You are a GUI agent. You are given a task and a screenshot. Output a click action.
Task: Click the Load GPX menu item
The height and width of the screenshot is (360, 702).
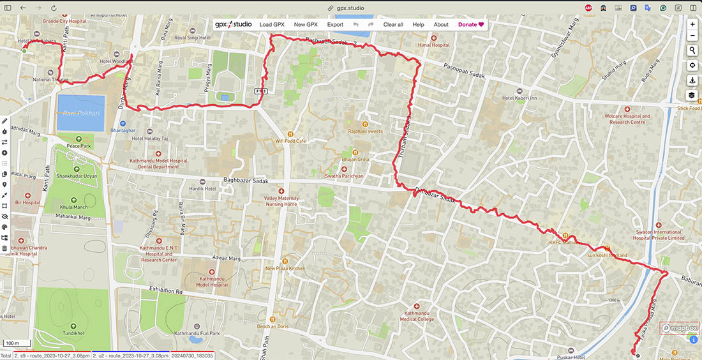272,24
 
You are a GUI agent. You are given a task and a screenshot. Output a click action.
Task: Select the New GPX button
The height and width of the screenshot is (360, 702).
306,24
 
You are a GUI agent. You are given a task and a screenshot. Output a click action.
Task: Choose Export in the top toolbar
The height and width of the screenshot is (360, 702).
335,24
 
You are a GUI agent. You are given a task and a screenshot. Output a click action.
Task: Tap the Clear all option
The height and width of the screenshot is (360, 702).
393,24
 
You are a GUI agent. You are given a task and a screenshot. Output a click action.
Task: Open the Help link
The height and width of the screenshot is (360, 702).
419,24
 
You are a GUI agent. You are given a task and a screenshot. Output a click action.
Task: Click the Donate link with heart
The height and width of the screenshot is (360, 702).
471,24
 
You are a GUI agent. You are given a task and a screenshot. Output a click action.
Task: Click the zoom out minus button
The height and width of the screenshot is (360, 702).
692,36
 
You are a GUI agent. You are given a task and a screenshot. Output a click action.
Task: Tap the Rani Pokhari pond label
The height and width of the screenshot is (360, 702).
81,113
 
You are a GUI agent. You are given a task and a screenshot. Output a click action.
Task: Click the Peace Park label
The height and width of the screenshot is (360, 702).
79,146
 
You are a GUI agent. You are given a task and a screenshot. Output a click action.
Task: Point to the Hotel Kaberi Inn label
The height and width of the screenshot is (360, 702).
519,98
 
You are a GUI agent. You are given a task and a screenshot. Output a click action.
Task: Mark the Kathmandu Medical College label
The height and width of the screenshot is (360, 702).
417,317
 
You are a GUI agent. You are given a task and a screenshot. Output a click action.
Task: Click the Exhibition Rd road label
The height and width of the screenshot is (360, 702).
167,291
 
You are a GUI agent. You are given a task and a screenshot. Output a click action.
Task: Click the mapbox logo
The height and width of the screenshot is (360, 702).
680,328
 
